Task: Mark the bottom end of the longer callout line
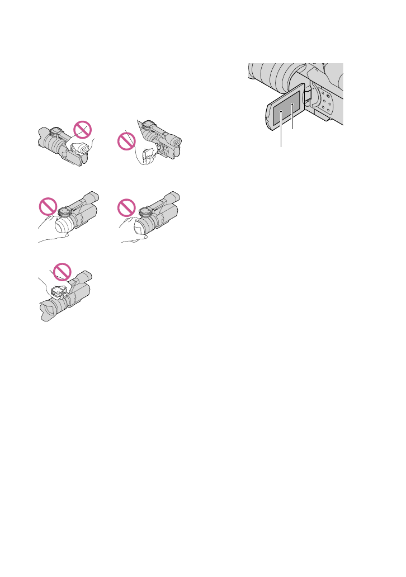[x=281, y=146]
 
